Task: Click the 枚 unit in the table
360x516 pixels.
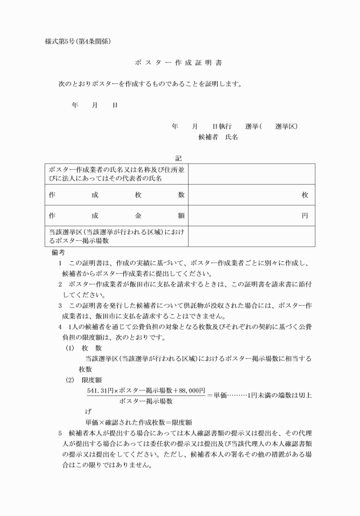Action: point(305,195)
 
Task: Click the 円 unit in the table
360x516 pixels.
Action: point(305,216)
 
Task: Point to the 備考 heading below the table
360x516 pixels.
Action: point(58,252)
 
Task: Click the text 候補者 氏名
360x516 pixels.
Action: point(218,137)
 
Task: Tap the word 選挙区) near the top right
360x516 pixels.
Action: point(286,126)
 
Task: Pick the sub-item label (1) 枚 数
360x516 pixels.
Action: point(84,347)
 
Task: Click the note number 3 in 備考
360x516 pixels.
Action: point(60,306)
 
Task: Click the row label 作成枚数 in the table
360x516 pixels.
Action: point(117,195)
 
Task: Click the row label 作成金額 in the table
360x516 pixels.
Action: point(117,216)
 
